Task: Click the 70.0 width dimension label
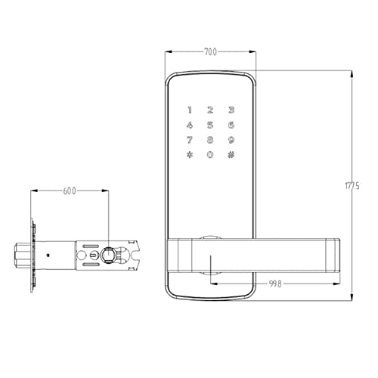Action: [x=210, y=52]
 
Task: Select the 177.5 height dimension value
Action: [x=352, y=186]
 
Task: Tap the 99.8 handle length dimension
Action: [x=275, y=284]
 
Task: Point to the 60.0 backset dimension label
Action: [x=70, y=191]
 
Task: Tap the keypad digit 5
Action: [x=210, y=125]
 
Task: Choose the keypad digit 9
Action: [x=231, y=140]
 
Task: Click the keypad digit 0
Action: [x=210, y=155]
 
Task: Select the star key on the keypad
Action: [x=190, y=155]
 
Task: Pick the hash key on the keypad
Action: [x=231, y=155]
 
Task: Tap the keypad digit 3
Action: [x=231, y=110]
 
